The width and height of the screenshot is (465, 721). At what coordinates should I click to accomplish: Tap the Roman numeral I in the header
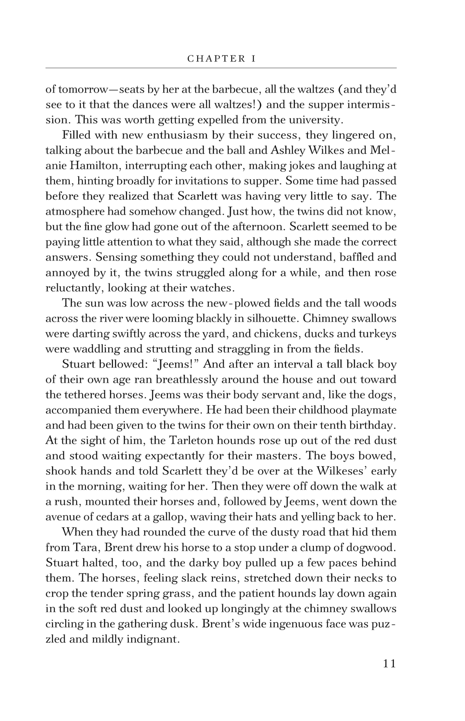coord(253,59)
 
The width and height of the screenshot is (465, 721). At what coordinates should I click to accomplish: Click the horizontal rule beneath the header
coord(221,68)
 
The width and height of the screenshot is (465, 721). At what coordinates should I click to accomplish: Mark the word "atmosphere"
coord(75,211)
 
